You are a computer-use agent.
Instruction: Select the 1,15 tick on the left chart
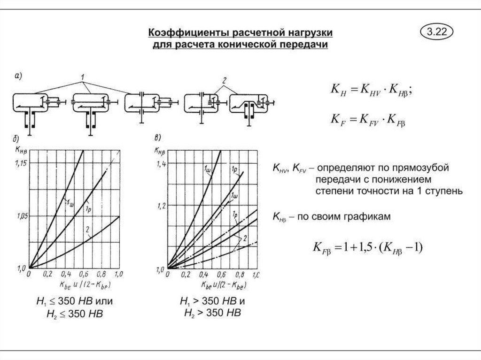click(21, 163)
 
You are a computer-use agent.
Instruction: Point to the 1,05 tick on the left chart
click(21, 216)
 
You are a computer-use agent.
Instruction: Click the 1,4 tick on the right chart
click(161, 163)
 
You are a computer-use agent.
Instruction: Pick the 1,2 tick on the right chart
click(161, 206)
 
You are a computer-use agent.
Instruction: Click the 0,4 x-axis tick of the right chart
click(203, 274)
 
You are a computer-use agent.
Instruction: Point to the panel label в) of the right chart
click(157, 138)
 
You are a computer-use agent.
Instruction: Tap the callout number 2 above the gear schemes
click(225, 81)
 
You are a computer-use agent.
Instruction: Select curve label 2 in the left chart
click(87, 229)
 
